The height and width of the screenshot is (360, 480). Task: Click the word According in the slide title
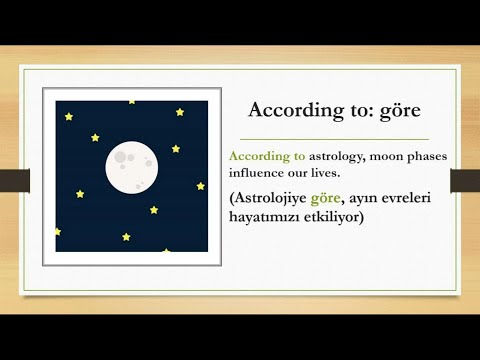[289, 108]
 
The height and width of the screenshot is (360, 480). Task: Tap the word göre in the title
[400, 108]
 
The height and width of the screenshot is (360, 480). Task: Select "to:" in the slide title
[350, 108]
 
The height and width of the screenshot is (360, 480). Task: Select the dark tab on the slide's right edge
[465, 180]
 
